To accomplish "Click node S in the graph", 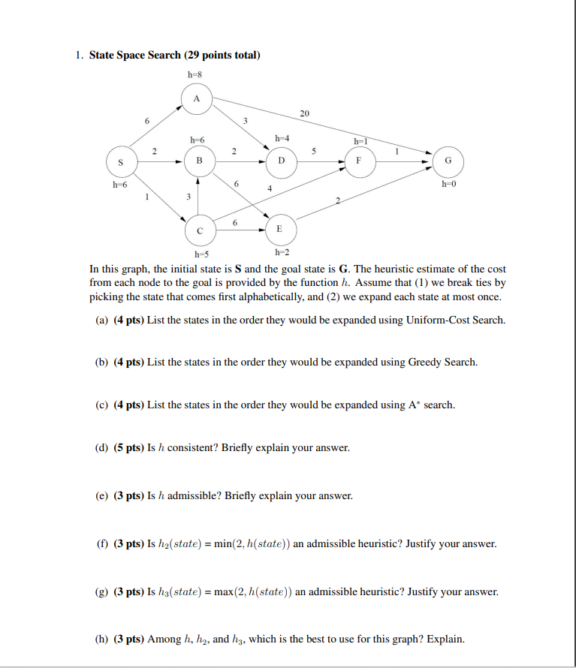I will tap(119, 161).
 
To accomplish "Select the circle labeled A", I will tap(197, 99).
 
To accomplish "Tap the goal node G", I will tap(448, 161).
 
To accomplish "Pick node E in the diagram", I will tap(279, 229).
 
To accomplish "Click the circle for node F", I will tap(359, 161).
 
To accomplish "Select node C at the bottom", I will tap(199, 230).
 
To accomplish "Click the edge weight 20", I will tap(304, 113).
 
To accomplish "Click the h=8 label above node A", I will tap(196, 74).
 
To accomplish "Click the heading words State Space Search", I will tap(135, 55).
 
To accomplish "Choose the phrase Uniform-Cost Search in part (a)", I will tap(455, 320).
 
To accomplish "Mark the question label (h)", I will tap(101, 639).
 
